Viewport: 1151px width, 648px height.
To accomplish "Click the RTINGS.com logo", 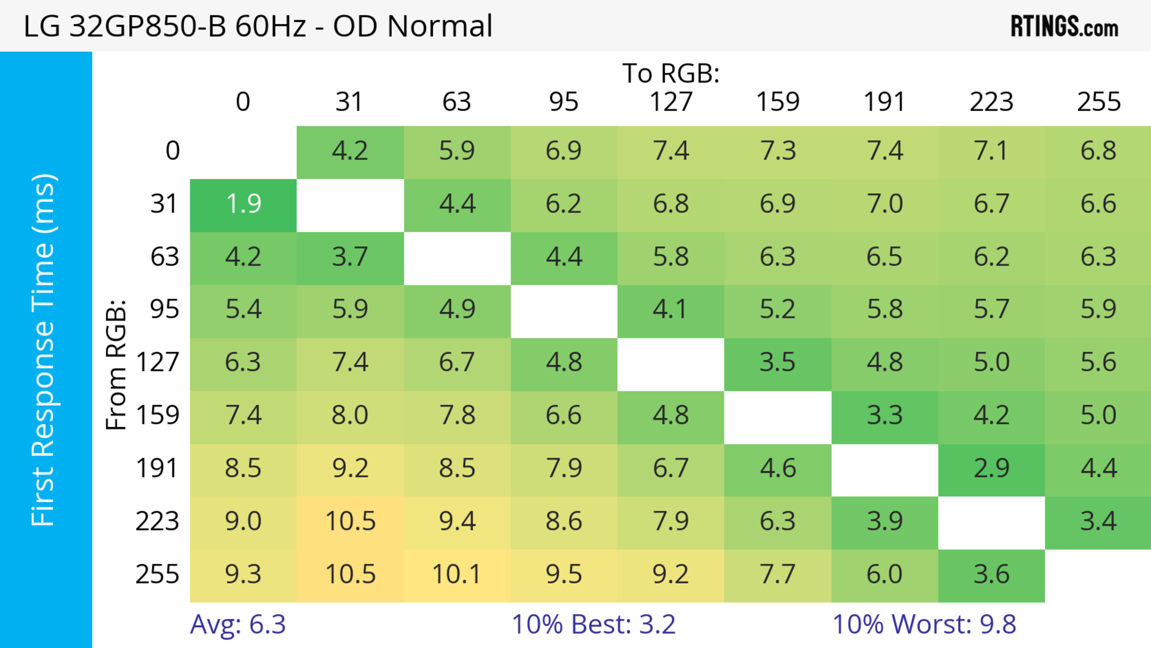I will [x=1064, y=27].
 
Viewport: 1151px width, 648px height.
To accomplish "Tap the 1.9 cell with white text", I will [x=243, y=204].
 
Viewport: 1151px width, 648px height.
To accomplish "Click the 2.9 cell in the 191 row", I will [x=992, y=469].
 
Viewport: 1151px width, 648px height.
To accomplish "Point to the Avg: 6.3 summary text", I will [x=238, y=624].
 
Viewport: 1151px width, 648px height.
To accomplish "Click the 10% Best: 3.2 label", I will [x=593, y=624].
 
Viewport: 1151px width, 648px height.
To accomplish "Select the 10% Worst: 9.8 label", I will [x=924, y=624].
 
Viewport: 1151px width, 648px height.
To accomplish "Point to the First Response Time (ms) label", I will [x=44, y=349].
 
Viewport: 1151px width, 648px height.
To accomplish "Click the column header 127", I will [x=671, y=102].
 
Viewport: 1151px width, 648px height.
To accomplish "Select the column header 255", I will [x=1098, y=102].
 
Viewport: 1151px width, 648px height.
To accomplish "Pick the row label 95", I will [x=165, y=309].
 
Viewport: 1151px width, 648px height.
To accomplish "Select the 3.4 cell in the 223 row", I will [x=1098, y=521].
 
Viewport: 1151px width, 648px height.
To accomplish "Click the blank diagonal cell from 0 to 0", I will [x=243, y=152].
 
